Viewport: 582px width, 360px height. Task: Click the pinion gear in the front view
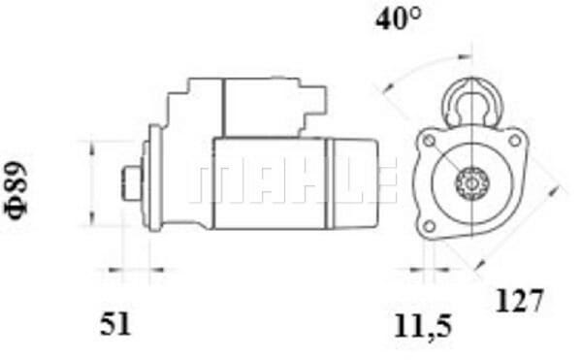pyautogui.click(x=473, y=182)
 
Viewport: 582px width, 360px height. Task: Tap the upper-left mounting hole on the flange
pyautogui.click(x=427, y=143)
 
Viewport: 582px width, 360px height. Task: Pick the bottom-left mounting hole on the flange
pyautogui.click(x=428, y=227)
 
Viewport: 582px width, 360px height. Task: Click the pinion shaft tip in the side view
pyautogui.click(x=132, y=181)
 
